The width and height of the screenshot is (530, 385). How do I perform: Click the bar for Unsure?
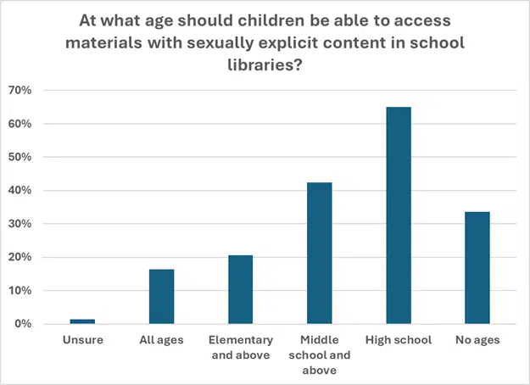click(82, 321)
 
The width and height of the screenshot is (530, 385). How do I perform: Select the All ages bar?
click(161, 297)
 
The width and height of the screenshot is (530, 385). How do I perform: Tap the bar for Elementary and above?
click(240, 290)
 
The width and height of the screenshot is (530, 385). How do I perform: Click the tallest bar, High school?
click(399, 215)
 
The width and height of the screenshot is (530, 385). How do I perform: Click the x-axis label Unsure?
click(82, 341)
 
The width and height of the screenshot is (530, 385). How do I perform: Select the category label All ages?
click(161, 341)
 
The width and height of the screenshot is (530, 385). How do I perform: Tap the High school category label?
click(399, 341)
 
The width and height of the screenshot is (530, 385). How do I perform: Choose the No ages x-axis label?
click(477, 341)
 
